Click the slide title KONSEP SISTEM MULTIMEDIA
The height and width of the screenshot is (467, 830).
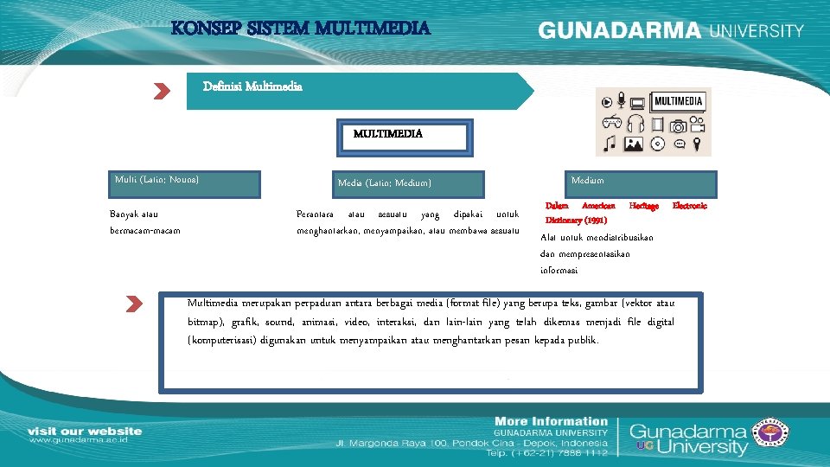(x=300, y=29)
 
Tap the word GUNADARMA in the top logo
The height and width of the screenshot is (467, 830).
(x=620, y=30)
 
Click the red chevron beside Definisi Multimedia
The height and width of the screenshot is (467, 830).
(x=162, y=92)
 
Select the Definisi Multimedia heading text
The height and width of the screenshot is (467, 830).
(x=252, y=86)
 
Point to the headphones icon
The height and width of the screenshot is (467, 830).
(x=636, y=124)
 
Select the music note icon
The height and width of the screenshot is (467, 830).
(x=610, y=144)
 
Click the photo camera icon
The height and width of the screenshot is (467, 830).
(x=678, y=125)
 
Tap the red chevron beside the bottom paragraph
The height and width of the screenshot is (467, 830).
(x=133, y=304)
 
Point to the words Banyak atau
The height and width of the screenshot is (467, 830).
(x=134, y=213)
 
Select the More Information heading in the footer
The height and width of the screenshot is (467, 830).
(x=550, y=421)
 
